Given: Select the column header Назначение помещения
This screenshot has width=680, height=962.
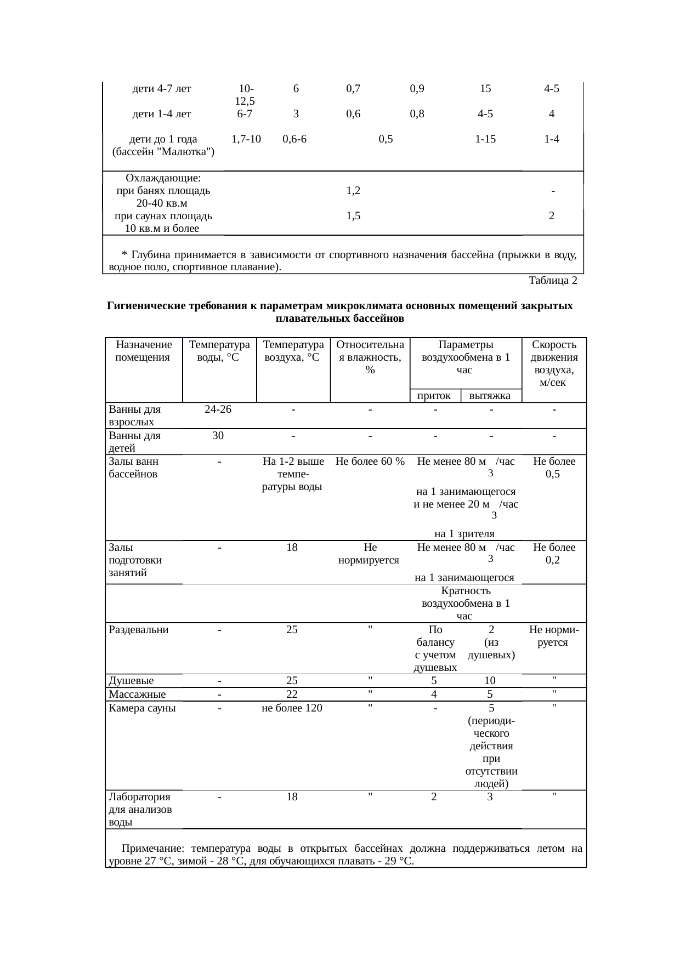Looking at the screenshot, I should (144, 351).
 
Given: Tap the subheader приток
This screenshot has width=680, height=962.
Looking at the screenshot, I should (434, 395).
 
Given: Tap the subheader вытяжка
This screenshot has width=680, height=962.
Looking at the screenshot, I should (491, 395).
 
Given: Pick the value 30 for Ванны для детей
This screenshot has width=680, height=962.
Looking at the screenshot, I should (218, 436).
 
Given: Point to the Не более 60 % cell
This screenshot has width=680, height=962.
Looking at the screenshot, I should (370, 462).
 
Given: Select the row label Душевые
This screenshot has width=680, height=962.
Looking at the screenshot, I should (131, 681).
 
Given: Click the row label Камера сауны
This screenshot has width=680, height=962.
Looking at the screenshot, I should (142, 708).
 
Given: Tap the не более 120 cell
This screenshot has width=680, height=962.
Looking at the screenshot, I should (292, 708).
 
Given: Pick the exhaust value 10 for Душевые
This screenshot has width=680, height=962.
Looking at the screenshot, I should (490, 681).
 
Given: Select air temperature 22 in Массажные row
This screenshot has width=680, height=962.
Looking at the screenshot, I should (292, 695).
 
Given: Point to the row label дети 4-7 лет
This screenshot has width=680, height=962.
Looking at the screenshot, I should (162, 89).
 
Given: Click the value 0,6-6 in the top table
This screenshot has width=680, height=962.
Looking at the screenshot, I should (294, 139).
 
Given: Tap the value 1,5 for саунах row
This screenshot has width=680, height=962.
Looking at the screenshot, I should (353, 216).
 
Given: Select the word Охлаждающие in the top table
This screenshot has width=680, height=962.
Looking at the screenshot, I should (162, 179).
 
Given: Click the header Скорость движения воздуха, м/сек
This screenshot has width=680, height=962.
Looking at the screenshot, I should (554, 363).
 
